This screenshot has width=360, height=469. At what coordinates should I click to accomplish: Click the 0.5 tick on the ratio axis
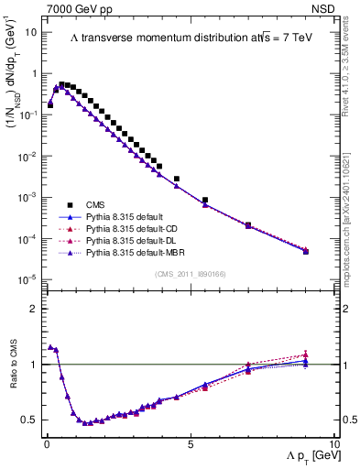coord(28,420)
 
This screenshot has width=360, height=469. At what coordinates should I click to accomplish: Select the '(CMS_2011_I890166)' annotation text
coord(191,273)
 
